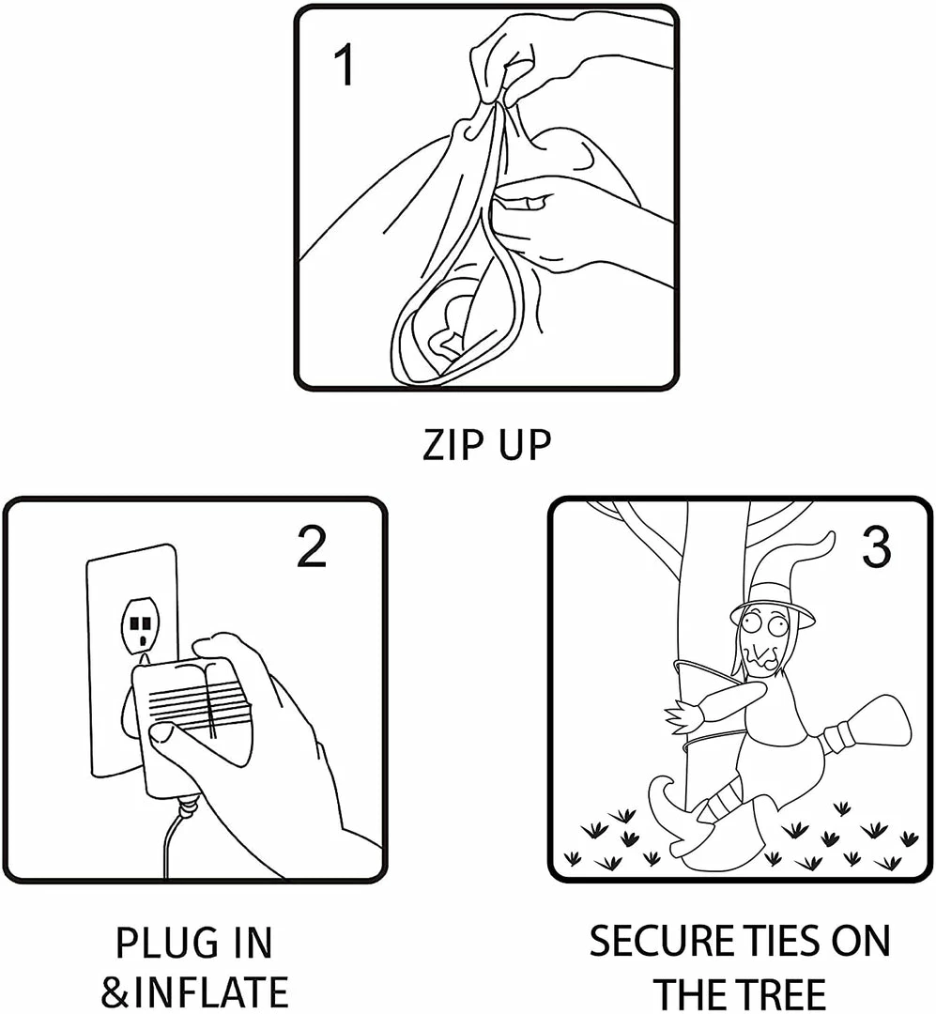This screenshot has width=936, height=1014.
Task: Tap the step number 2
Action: pyautogui.click(x=311, y=546)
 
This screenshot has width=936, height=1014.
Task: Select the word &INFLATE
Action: pyautogui.click(x=194, y=991)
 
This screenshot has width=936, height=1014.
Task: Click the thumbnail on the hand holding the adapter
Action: pyautogui.click(x=159, y=732)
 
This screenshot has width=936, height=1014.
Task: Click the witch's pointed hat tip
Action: pyautogui.click(x=829, y=536)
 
